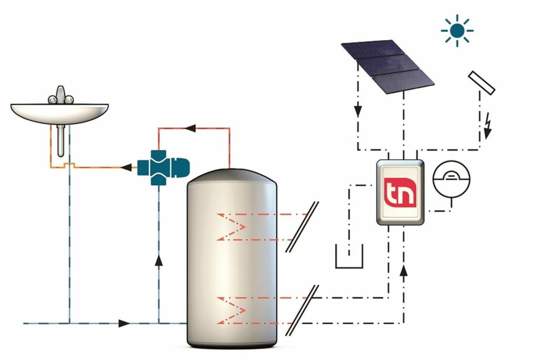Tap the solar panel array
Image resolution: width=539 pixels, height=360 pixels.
tap(387, 64)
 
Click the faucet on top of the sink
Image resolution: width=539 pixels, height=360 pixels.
tap(60, 96)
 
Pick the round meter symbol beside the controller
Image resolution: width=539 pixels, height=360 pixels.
tap(451, 179)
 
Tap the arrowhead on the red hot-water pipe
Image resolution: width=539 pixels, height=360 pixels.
tap(192, 128)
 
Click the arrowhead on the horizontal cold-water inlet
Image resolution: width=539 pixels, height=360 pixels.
tap(124, 323)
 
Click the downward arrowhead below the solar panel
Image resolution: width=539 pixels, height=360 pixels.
tap(358, 112)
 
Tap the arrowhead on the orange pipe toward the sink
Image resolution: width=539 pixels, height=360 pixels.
tap(126, 168)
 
